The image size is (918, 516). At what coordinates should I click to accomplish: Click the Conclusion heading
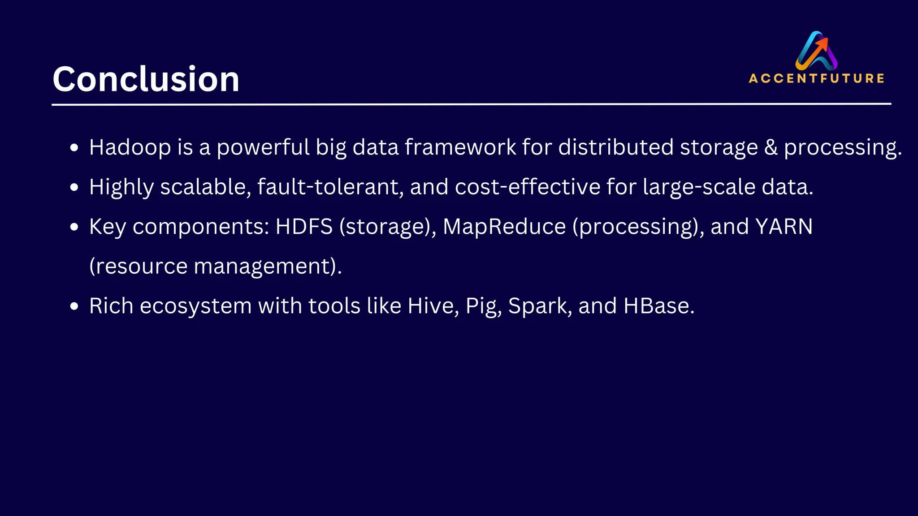pos(146,79)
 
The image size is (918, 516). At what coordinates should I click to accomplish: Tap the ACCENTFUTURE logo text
pos(816,78)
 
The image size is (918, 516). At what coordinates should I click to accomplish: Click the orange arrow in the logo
pos(822,45)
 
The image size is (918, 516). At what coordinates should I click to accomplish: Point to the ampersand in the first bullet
pos(771,147)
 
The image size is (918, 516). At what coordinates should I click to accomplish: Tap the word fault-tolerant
pos(330,187)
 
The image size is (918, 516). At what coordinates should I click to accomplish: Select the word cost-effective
pos(528,187)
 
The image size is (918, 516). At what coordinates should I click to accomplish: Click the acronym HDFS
pos(304,227)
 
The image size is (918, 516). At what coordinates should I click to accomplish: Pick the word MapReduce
pos(504,227)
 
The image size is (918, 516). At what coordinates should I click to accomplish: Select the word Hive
pos(433,306)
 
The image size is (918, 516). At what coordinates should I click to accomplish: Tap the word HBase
pos(658,306)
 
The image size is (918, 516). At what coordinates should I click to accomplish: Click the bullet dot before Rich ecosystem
pos(74,306)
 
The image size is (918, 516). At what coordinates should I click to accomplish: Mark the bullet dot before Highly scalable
pos(74,187)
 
